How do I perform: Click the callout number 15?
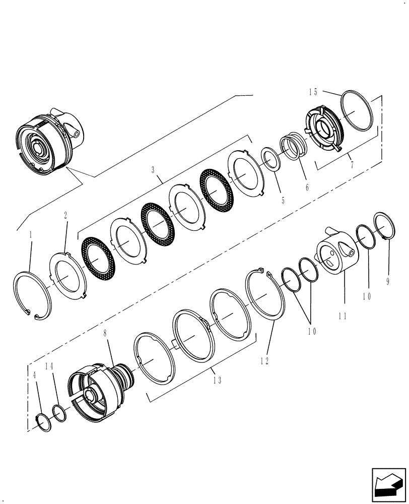click(x=313, y=92)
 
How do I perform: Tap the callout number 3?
click(x=153, y=171)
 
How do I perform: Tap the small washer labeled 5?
click(x=270, y=158)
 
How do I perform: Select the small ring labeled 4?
click(x=44, y=421)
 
